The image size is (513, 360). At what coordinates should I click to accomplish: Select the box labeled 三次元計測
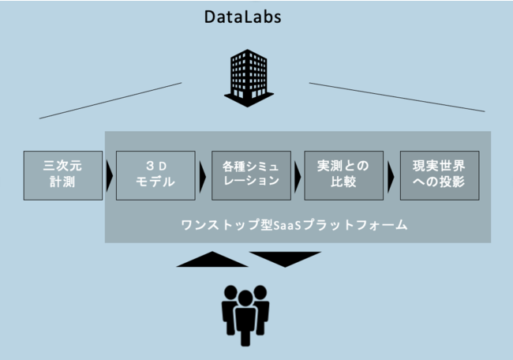coord(63,174)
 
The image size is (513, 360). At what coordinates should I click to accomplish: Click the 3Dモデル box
coord(155,174)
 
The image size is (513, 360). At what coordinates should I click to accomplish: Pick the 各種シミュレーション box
coord(251,174)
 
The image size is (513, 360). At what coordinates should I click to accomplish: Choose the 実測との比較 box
coord(344,174)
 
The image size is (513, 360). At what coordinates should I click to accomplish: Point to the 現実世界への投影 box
coord(439,174)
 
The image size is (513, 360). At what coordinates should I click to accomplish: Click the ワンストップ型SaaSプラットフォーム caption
coord(293,225)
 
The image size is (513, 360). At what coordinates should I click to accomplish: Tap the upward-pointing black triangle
coord(212,260)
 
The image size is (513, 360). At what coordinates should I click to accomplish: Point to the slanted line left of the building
coord(110,100)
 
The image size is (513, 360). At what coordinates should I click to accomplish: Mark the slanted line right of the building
coord(396,96)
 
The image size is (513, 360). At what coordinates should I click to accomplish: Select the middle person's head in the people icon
coord(245,296)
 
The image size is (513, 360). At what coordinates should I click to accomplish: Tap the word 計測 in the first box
coord(63,182)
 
